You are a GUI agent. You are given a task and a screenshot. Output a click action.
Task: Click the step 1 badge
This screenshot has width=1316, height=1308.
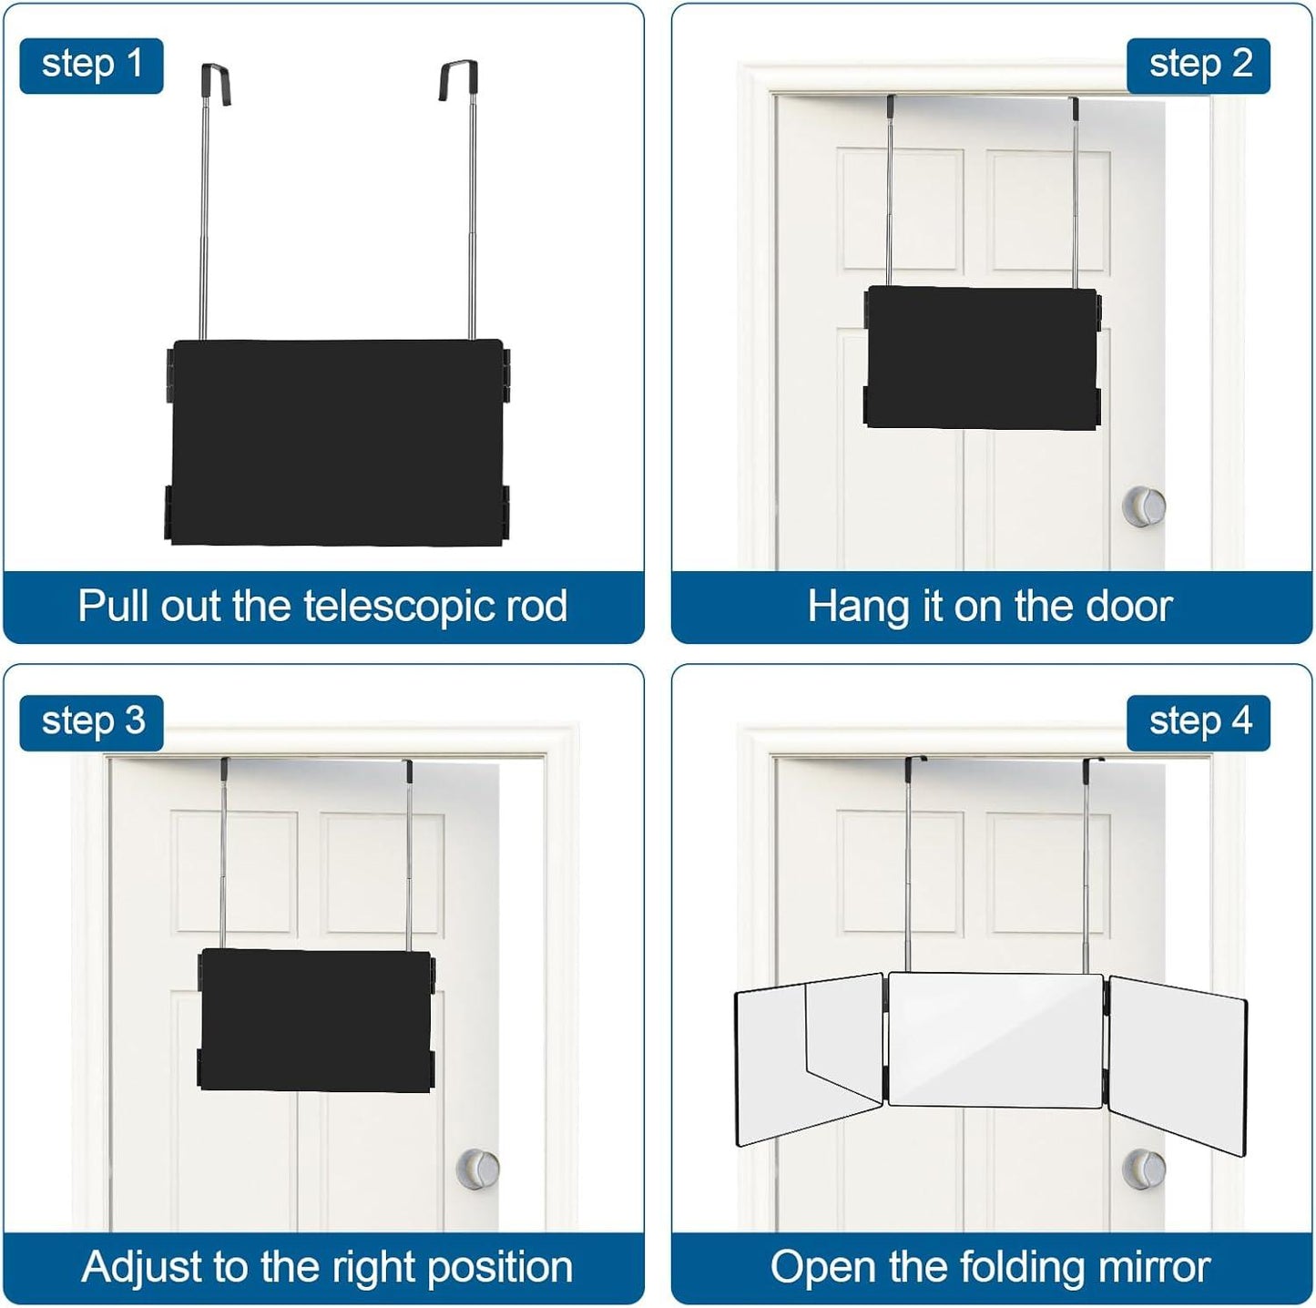pyautogui.click(x=91, y=66)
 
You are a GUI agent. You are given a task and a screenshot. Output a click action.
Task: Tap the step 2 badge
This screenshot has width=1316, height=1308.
pyautogui.click(x=1199, y=66)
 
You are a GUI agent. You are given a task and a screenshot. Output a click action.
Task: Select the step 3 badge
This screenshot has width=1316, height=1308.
pyautogui.click(x=91, y=722)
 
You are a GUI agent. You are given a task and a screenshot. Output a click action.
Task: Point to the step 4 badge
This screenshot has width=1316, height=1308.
pyautogui.click(x=1199, y=722)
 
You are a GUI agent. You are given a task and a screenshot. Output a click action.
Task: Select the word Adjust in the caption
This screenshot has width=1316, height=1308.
pyautogui.click(x=143, y=1266)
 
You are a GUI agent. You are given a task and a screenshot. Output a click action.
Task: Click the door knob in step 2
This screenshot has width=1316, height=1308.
pyautogui.click(x=1143, y=506)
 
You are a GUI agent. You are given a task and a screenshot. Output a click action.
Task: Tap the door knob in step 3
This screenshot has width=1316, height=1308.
pyautogui.click(x=477, y=1170)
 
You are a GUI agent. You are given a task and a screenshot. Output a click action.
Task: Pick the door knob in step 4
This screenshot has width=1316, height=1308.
pyautogui.click(x=1144, y=1169)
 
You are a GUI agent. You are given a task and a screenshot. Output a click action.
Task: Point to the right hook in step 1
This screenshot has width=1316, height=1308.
pyautogui.click(x=460, y=80)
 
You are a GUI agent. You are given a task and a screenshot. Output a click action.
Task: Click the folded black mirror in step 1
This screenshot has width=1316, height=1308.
pyautogui.click(x=337, y=442)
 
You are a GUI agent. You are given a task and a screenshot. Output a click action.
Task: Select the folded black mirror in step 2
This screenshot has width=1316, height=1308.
pyautogui.click(x=982, y=357)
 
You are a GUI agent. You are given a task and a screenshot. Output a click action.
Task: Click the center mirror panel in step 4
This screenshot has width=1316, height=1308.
pyautogui.click(x=995, y=1038)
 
